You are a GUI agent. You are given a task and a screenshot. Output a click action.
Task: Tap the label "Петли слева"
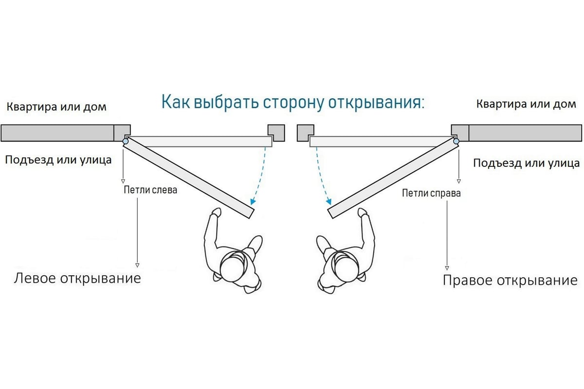click(151, 190)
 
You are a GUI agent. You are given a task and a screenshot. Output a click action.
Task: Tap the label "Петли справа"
click(431, 193)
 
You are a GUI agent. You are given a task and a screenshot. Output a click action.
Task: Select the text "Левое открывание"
click(77, 278)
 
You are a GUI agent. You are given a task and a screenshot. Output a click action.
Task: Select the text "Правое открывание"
click(510, 281)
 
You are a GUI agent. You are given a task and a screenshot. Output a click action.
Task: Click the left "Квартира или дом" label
click(56, 106)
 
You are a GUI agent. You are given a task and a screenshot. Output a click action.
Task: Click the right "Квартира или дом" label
click(526, 104)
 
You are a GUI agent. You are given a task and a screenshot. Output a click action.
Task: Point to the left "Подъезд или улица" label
click(58, 159)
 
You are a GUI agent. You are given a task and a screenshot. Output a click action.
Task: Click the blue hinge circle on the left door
click(126, 142)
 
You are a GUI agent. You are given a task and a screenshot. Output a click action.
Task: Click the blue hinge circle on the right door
click(456, 142)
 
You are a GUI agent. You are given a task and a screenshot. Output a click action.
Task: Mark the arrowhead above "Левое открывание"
click(137, 265)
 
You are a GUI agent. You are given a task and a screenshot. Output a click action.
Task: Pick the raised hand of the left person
click(216, 212)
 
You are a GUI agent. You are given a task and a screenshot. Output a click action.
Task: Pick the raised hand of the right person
click(362, 212)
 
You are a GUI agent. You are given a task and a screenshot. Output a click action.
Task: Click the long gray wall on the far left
click(57, 133)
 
